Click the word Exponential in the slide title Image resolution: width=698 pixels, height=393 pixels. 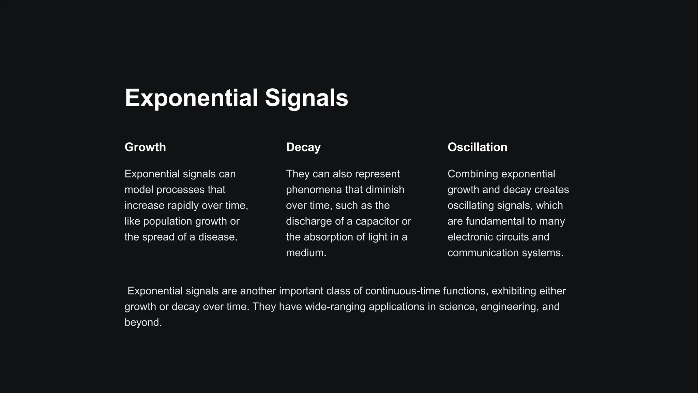191,98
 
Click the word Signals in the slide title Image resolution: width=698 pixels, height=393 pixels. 306,98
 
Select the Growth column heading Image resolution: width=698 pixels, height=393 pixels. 145,147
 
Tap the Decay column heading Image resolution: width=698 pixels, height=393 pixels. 303,147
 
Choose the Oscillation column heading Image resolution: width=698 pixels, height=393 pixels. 477,147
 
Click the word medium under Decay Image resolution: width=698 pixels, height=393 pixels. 305,253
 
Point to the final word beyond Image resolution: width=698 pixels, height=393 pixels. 143,322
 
